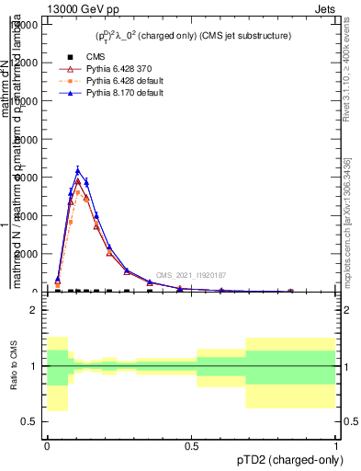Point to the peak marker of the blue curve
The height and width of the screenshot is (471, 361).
[79, 170]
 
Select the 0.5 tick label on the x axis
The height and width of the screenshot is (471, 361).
[191, 444]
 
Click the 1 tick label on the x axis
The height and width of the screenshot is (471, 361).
[335, 444]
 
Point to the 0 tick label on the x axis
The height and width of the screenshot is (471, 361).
[47, 444]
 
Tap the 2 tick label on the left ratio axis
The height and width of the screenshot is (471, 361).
[33, 310]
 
